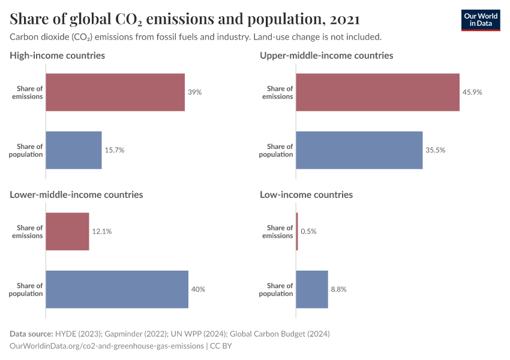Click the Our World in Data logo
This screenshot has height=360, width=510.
click(480, 20)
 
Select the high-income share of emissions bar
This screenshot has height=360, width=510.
click(115, 92)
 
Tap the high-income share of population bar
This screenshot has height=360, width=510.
click(74, 150)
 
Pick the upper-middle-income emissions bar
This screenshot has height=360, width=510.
click(377, 92)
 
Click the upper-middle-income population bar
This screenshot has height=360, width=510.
click(359, 150)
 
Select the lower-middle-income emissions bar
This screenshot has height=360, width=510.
click(67, 232)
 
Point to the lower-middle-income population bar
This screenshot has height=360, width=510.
click(117, 289)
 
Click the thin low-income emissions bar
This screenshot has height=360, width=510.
click(297, 232)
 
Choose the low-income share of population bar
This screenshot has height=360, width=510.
click(312, 289)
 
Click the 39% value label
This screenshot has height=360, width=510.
click(195, 92)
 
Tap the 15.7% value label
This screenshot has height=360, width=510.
click(115, 150)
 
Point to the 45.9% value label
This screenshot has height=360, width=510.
click(472, 92)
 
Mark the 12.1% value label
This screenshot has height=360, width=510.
click(102, 232)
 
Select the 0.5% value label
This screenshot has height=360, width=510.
click(309, 232)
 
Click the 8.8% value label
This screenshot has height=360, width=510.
click(338, 289)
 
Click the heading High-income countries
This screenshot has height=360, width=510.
click(57, 55)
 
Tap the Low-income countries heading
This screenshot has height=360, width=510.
click(306, 194)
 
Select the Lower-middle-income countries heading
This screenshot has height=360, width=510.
click(76, 194)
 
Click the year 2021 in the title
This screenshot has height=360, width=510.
click(345, 19)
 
